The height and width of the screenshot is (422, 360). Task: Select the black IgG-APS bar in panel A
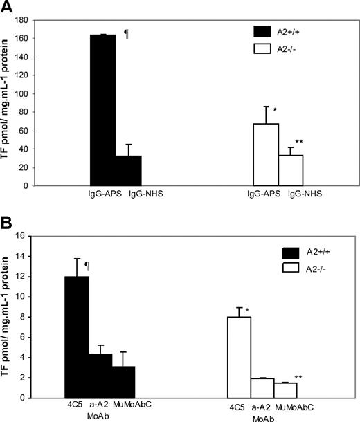pos(103,110)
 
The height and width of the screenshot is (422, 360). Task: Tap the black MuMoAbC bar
pos(123,382)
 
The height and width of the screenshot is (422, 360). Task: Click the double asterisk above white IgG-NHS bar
pos(299,143)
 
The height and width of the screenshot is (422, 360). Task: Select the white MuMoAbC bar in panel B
pos(285,390)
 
